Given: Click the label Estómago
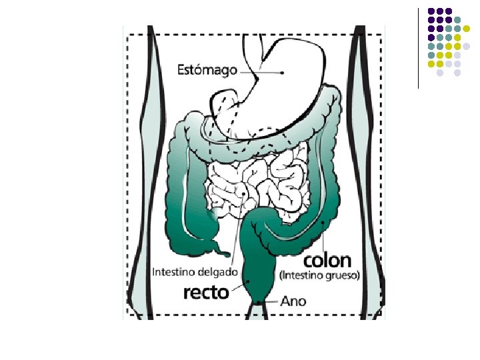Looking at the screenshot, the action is [207, 69].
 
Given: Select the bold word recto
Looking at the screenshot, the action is [206, 291].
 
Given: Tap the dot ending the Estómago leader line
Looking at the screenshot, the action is [283, 72].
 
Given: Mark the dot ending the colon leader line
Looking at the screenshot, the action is [323, 222].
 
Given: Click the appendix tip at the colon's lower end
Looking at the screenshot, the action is [230, 254].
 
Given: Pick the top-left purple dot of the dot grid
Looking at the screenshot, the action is [431, 11].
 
